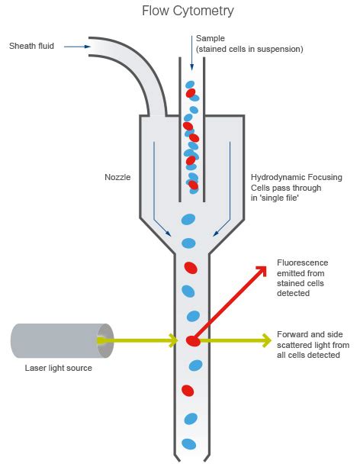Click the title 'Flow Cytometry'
pyautogui.click(x=188, y=11)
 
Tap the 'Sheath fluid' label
pyautogui.click(x=31, y=46)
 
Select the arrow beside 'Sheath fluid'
pyautogui.click(x=76, y=47)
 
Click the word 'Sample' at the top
pyautogui.click(x=211, y=38)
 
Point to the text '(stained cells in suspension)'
pyautogui.click(x=249, y=49)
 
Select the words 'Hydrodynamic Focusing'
pyautogui.click(x=296, y=177)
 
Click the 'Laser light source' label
pyautogui.click(x=58, y=369)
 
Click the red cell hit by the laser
pyautogui.click(x=193, y=340)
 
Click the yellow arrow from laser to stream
pyautogui.click(x=145, y=340)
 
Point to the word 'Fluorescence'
pyautogui.click(x=302, y=262)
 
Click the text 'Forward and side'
pyautogui.click(x=308, y=334)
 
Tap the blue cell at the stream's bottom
pyautogui.click(x=188, y=443)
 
